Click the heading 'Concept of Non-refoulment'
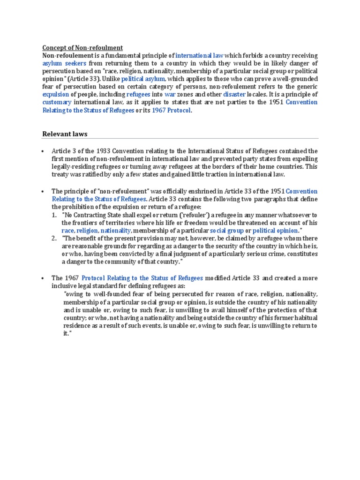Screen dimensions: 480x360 tap(82, 47)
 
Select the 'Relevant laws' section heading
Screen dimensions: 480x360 tap(65, 134)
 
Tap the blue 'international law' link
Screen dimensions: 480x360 tap(199, 55)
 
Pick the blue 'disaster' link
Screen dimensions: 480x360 tap(234, 94)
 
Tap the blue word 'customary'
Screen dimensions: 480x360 tap(57, 102)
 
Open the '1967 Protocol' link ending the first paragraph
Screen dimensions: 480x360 tap(172, 110)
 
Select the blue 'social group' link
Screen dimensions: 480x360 tap(226, 230)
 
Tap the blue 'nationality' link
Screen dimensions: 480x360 tap(116, 230)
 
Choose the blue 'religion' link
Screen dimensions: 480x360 tap(87, 230)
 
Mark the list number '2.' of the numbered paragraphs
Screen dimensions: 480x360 tap(54, 238)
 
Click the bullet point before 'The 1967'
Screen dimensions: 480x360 tap(43, 278)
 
